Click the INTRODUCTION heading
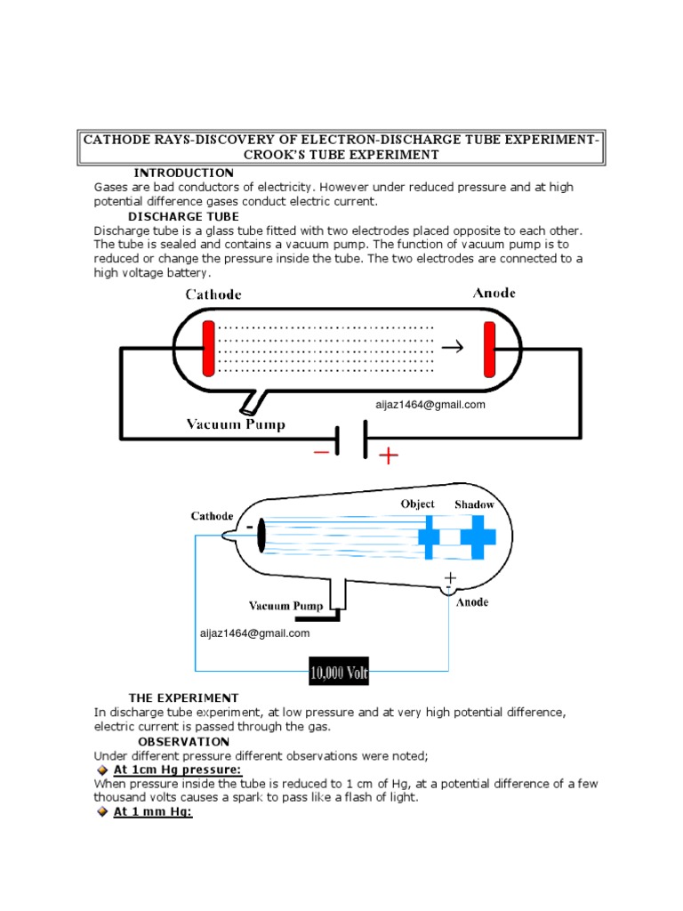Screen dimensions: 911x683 pos(183,173)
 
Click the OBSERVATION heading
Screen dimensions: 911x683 pos(183,741)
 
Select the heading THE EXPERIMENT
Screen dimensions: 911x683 pos(183,697)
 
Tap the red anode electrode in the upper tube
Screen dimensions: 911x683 pos(489,349)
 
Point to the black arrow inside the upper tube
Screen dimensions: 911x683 pos(452,347)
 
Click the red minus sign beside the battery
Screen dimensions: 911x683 pos(321,452)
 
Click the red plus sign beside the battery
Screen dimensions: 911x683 pos(389,456)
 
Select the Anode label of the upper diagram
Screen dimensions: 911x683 pos(494,293)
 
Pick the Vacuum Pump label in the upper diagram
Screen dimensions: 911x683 pos(236,424)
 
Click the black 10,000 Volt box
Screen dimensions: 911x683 pos(339,673)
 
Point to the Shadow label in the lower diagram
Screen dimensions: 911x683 pos(474,504)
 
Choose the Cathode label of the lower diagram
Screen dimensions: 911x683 pos(212,516)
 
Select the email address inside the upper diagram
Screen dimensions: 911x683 pos(430,405)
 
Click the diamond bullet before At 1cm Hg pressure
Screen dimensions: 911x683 pos(102,770)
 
